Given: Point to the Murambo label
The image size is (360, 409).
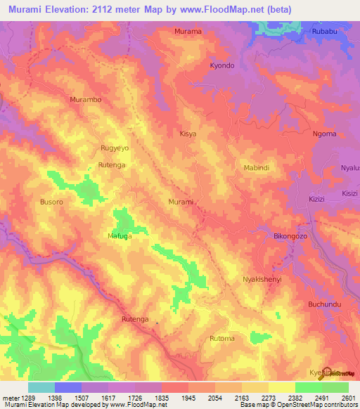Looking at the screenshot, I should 86,100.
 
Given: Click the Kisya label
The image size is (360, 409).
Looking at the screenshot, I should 188,133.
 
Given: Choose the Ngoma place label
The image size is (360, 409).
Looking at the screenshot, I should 324,134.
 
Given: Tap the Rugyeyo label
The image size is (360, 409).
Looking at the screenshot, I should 115,148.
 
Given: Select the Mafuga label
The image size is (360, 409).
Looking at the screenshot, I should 120,236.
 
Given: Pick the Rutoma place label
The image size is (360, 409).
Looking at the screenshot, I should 222,339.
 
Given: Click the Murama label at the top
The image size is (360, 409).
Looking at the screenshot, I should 188,32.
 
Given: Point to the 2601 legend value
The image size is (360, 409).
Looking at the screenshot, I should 348,398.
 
